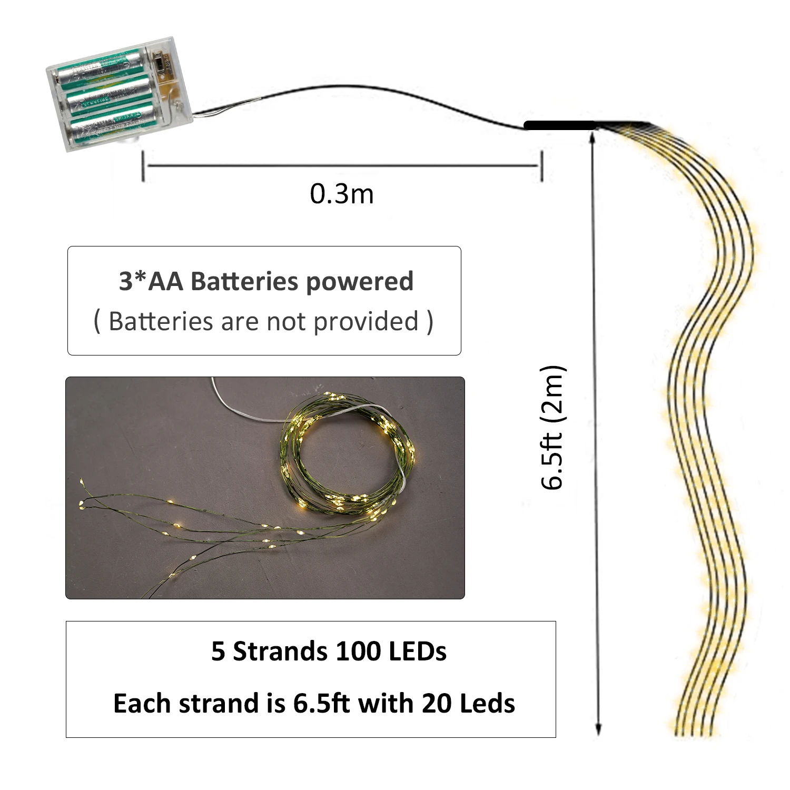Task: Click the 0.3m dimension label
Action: click(x=342, y=194)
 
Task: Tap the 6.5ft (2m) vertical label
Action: click(x=553, y=428)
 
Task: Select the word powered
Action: click(x=360, y=282)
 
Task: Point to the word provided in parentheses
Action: click(x=366, y=321)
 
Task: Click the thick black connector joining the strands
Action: click(x=559, y=125)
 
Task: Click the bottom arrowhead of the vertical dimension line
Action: click(x=598, y=728)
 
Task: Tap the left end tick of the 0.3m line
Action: click(x=143, y=166)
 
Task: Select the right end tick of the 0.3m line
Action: click(x=541, y=166)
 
